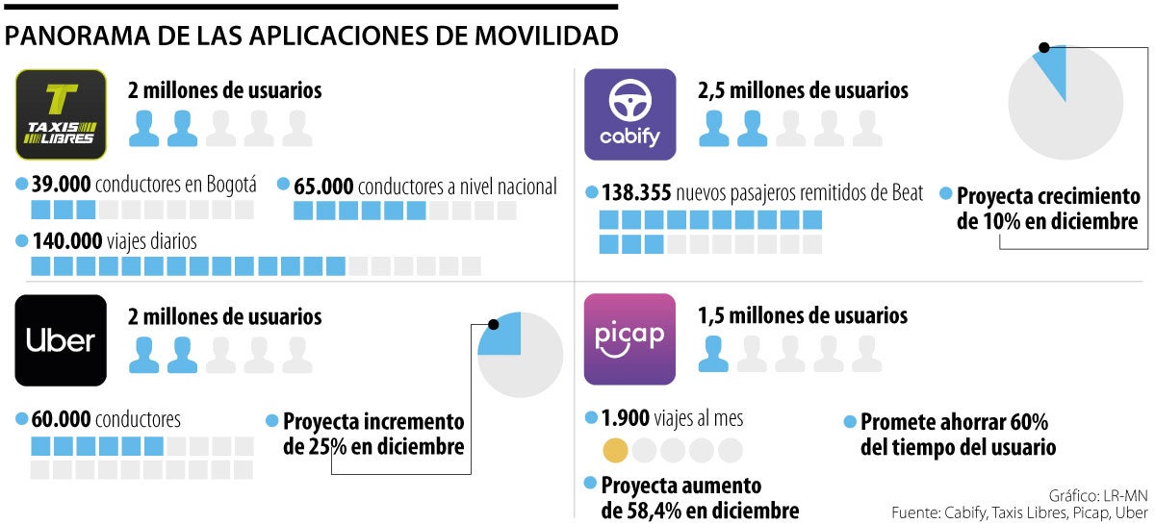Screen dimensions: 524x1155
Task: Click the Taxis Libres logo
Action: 61,113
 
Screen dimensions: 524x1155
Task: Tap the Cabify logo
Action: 630,113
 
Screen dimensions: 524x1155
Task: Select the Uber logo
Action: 61,339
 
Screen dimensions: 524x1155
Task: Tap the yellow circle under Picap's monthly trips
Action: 615,450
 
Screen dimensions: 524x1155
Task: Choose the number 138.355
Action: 635,193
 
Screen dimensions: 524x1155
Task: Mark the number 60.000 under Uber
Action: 61,419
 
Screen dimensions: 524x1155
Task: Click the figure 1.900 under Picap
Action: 626,419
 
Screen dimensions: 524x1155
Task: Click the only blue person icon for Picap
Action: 713,353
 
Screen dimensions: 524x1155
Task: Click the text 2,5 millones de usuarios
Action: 803,90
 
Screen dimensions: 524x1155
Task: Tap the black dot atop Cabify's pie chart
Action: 1044,47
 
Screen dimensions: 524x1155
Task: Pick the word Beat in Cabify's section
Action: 903,193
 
